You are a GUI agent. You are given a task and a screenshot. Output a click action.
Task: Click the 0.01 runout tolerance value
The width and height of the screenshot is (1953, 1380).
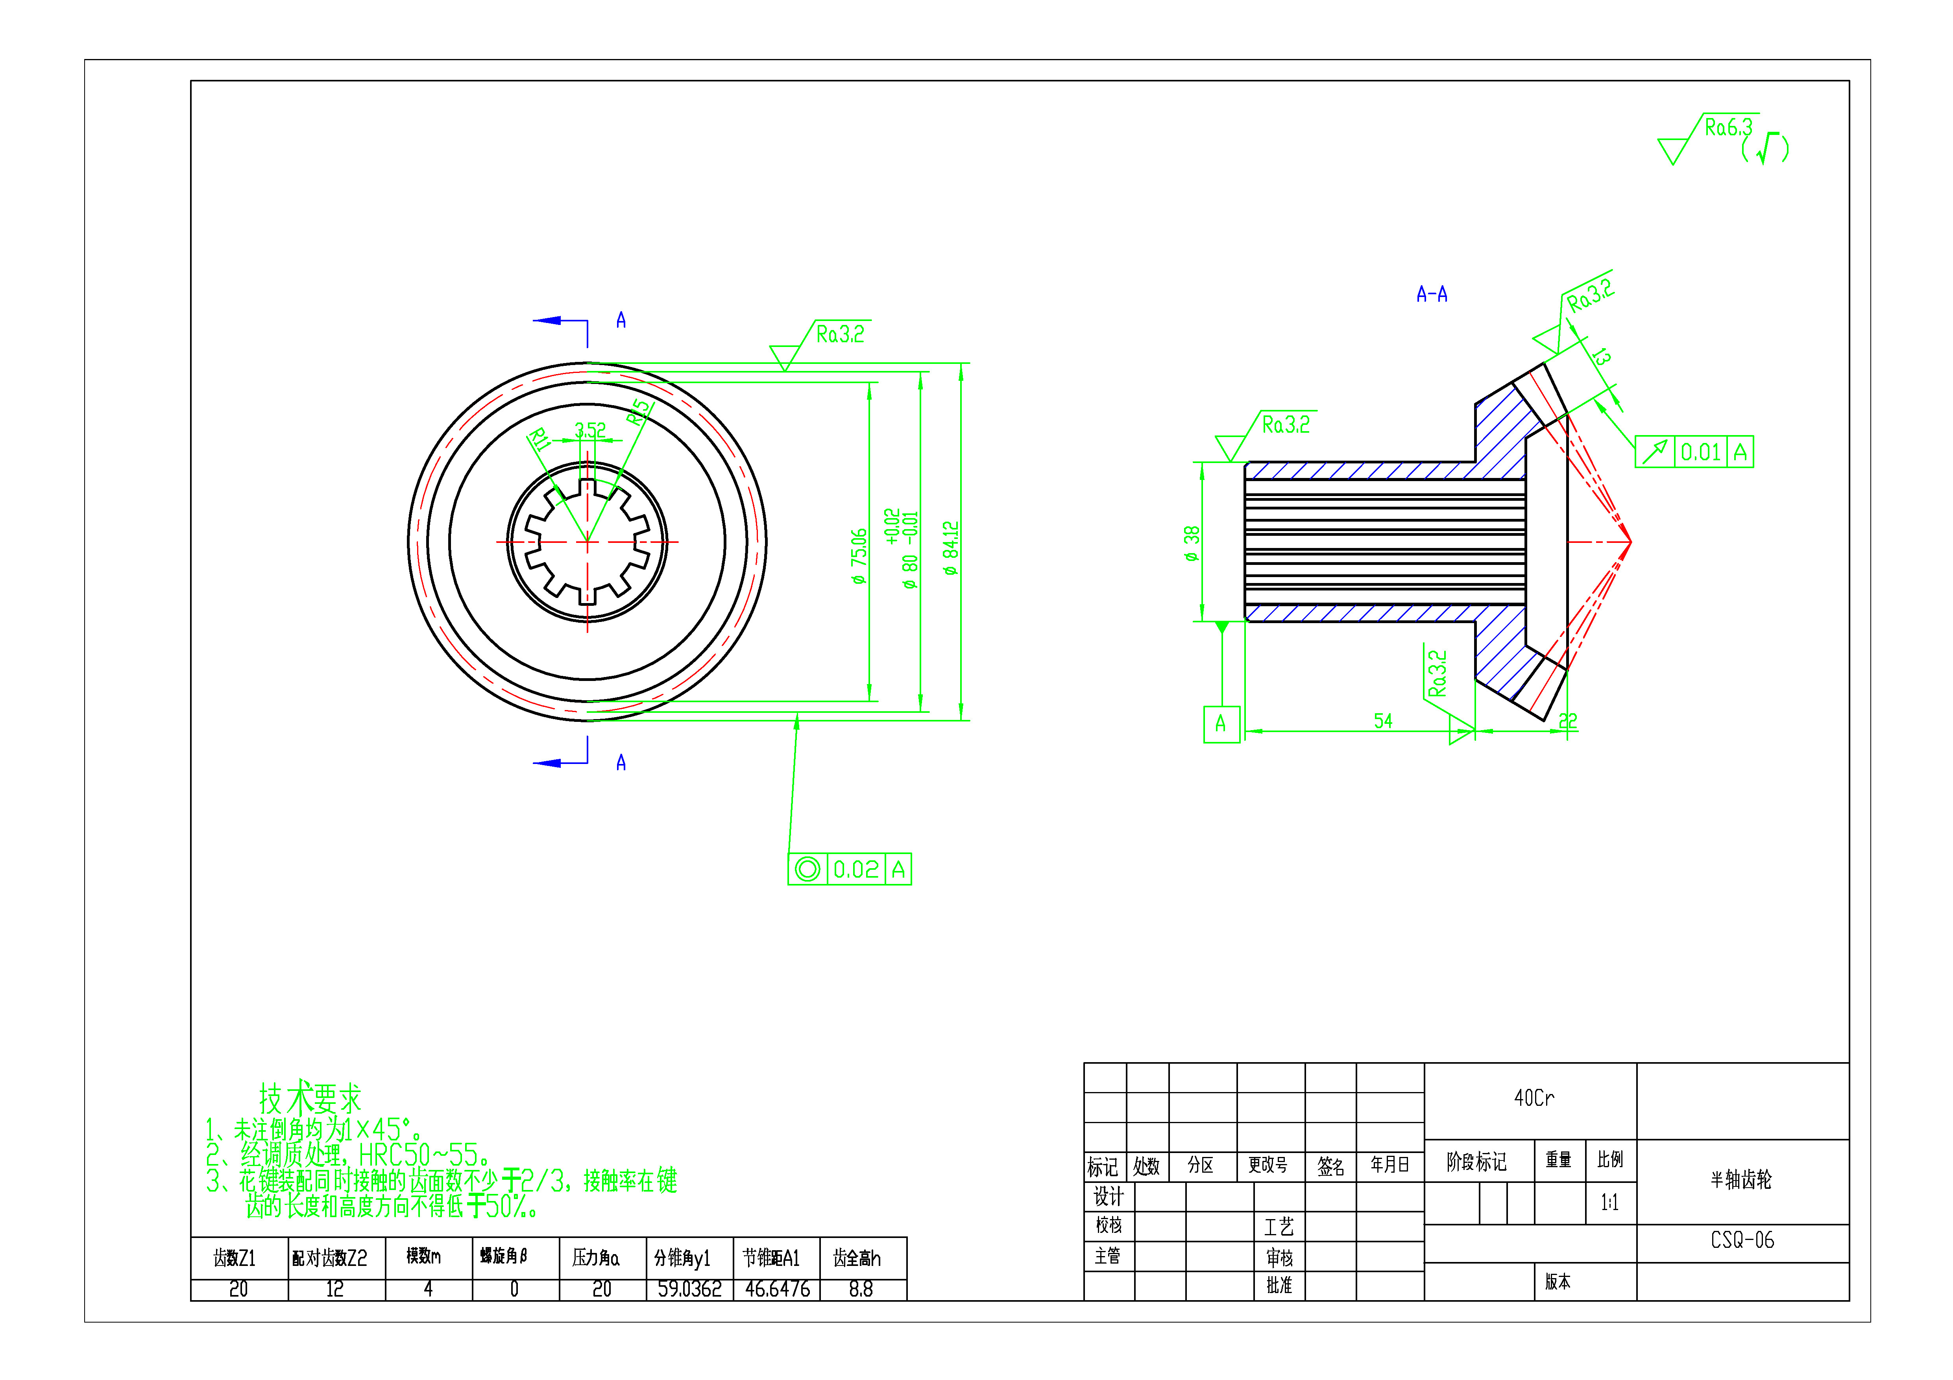[1700, 452]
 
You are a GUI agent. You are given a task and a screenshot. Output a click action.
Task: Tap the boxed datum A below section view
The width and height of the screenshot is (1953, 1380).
[1221, 723]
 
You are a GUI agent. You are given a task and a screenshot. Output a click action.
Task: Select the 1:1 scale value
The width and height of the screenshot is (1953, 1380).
[1609, 1202]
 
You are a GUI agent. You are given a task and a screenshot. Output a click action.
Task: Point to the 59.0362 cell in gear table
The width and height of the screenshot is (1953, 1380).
[689, 1289]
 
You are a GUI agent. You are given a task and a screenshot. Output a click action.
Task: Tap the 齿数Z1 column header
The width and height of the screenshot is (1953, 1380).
[235, 1258]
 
